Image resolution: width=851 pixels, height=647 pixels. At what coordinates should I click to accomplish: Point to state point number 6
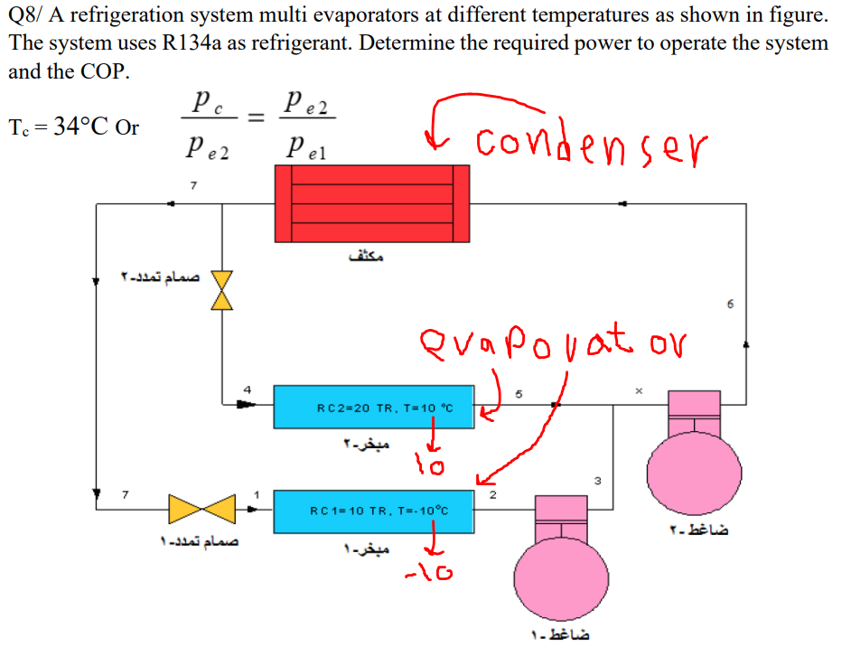[729, 304]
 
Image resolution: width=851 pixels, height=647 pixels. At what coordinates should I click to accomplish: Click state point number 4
[246, 389]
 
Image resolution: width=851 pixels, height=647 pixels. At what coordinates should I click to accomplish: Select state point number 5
[519, 394]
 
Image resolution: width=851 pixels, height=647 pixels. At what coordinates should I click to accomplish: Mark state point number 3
[597, 479]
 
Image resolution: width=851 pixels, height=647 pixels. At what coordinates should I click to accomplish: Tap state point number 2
[492, 495]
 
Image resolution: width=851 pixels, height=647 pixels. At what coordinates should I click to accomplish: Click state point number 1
[257, 494]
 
